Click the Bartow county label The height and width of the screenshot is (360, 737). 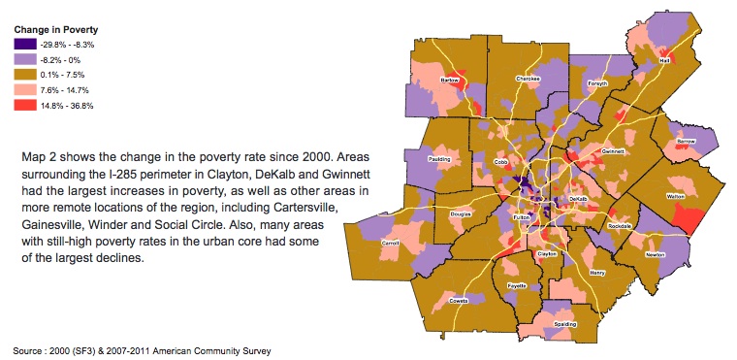coord(449,80)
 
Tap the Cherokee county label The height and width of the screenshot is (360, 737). coord(528,78)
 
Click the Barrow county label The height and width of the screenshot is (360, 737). coord(687,141)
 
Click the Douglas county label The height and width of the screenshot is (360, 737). coord(461,213)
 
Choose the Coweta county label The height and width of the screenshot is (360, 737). coord(458,300)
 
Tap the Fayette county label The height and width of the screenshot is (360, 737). coord(516,286)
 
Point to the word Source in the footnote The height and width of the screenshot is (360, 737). coord(31,347)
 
